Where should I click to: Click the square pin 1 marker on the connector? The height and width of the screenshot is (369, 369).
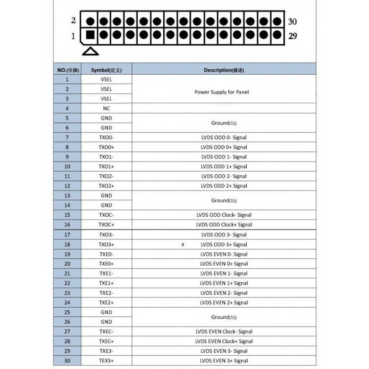(90, 35)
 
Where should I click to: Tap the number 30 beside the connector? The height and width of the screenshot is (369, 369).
(292, 21)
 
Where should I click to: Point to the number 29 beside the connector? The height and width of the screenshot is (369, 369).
(292, 36)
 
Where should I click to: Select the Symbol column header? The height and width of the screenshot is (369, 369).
(106, 70)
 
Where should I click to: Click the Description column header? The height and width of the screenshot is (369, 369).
(224, 70)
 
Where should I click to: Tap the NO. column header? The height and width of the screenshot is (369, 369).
(67, 70)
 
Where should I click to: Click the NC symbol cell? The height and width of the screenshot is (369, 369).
(106, 108)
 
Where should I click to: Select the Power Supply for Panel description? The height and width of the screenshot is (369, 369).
(221, 92)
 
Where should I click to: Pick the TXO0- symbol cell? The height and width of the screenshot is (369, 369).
(106, 137)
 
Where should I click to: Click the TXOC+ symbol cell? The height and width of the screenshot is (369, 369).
(106, 225)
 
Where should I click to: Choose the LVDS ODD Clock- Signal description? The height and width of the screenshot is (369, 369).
(224, 215)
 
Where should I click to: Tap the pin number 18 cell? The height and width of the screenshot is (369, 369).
(67, 244)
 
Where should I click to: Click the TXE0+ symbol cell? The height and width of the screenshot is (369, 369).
(106, 264)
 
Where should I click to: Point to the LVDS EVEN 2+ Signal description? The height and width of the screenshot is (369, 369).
(224, 303)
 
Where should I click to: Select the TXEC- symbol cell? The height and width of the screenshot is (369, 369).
(106, 332)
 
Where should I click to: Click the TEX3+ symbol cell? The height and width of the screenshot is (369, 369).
(106, 361)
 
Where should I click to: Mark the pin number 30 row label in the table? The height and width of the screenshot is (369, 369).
(67, 361)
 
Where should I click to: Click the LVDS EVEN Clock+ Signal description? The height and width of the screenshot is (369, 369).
(224, 341)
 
